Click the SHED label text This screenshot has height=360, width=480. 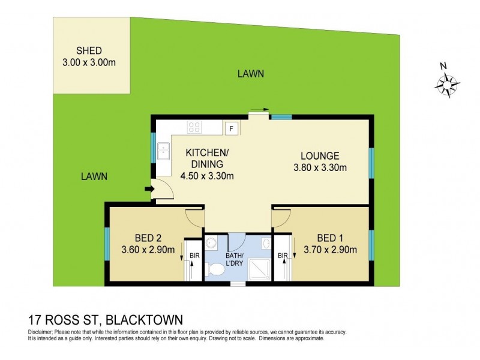pyautogui.click(x=89, y=50)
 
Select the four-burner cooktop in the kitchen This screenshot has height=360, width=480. pyautogui.click(x=194, y=127)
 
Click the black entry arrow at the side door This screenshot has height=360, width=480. pyautogui.click(x=149, y=191)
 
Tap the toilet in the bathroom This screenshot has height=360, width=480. pyautogui.click(x=215, y=268)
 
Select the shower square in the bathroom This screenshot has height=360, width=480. pyautogui.click(x=256, y=268)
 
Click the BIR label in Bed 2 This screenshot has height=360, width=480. pyautogui.click(x=194, y=256)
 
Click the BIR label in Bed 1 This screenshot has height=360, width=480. pyautogui.click(x=282, y=256)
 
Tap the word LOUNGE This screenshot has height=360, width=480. pyautogui.click(x=320, y=155)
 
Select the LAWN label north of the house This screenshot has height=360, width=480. pyautogui.click(x=250, y=74)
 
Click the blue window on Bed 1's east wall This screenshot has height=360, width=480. pyautogui.click(x=371, y=243)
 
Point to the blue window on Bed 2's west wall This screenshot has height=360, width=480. pyautogui.click(x=107, y=243)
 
